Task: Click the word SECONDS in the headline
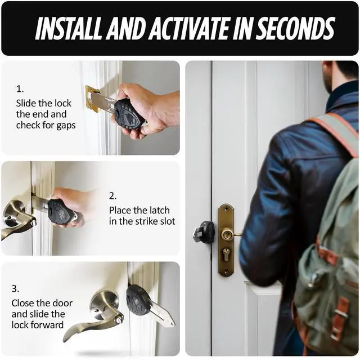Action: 295,28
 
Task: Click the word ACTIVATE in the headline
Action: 191,28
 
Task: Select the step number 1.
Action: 20,89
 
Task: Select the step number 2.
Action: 112,196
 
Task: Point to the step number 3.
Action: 15,288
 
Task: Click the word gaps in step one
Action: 66,126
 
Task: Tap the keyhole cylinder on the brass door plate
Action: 227,255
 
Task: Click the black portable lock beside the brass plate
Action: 204,233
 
